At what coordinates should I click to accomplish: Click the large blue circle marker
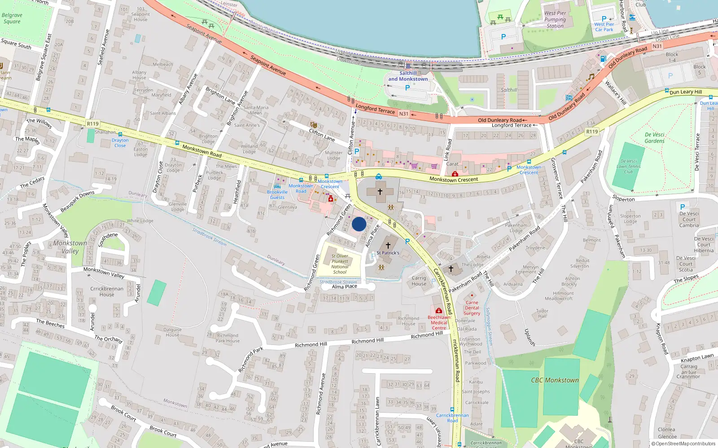359,224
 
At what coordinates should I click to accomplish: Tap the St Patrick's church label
388,253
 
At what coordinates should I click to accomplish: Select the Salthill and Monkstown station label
408,76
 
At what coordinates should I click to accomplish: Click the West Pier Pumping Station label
555,20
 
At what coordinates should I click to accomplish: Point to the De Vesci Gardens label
654,138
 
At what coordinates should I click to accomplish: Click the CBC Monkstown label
555,380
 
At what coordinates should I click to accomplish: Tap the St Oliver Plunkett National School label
340,264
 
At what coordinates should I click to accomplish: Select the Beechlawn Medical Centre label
439,323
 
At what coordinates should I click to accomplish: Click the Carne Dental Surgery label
472,308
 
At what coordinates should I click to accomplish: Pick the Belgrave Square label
12,18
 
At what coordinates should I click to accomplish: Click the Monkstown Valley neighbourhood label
70,247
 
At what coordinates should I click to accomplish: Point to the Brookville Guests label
277,194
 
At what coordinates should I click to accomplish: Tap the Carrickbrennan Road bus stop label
452,418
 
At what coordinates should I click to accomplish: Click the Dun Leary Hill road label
685,92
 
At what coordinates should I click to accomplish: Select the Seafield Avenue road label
104,47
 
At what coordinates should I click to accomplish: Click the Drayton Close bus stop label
120,143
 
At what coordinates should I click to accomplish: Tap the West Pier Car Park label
604,27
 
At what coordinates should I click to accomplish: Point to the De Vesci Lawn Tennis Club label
628,166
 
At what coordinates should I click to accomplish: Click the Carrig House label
419,281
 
